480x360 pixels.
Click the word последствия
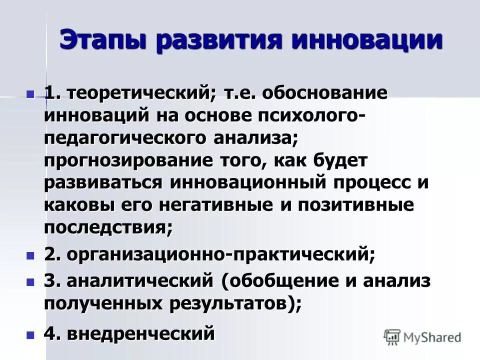[107, 227]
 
